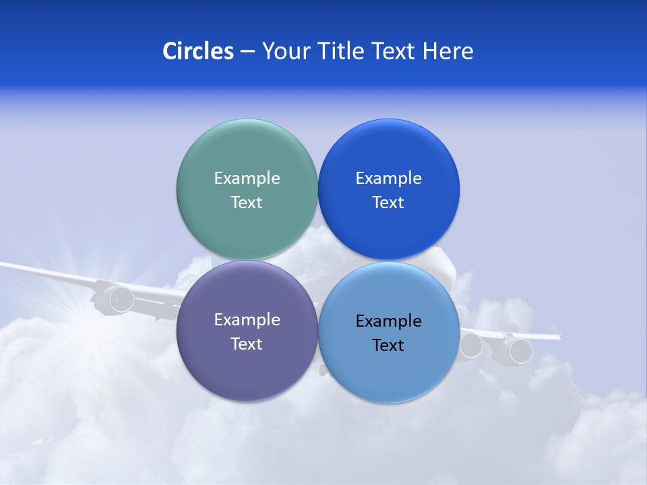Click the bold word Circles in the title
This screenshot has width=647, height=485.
[x=197, y=51]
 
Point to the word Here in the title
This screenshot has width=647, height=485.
[x=448, y=51]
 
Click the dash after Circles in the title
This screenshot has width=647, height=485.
[x=247, y=52]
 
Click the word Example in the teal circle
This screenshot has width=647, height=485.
[x=247, y=178]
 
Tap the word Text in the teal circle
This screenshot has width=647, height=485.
[x=247, y=202]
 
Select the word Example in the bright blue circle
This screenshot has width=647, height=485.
[x=388, y=178]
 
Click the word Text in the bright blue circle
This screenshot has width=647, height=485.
[x=388, y=202]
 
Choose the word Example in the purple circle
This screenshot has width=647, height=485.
[x=247, y=319]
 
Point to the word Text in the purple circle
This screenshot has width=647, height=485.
[x=247, y=344]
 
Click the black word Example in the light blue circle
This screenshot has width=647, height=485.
[x=388, y=321]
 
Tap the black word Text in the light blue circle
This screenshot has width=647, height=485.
[x=388, y=345]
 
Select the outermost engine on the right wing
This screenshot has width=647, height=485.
[x=520, y=350]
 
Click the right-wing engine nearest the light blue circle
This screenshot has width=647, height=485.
[x=471, y=345]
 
